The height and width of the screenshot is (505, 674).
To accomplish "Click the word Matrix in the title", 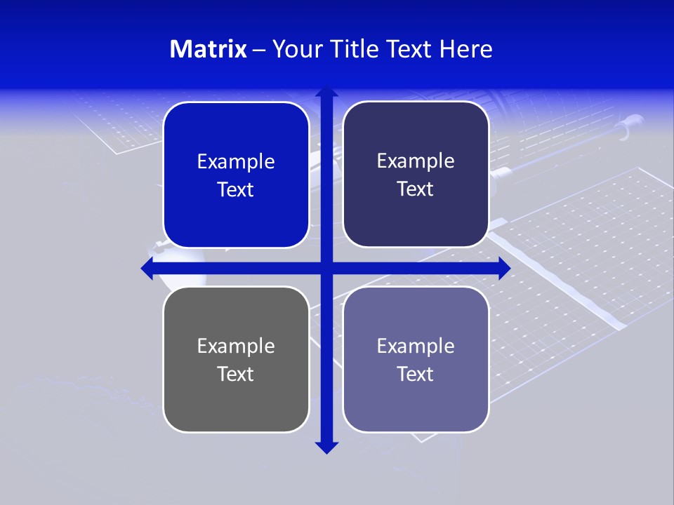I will [x=209, y=49].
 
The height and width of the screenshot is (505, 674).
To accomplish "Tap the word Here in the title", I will [x=466, y=49].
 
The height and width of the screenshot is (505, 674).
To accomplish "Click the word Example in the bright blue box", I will [x=236, y=162].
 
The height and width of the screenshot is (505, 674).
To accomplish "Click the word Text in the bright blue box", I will [x=236, y=190].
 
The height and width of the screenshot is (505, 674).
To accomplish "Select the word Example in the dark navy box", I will [x=416, y=161].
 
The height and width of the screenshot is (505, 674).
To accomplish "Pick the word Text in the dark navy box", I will [x=416, y=189].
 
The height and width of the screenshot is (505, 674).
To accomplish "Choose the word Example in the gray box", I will [x=236, y=346].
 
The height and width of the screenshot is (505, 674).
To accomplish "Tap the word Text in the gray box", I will [x=236, y=375].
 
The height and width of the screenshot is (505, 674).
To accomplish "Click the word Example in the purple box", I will [x=416, y=346].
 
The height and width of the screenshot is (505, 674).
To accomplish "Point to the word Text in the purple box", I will [x=416, y=375].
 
